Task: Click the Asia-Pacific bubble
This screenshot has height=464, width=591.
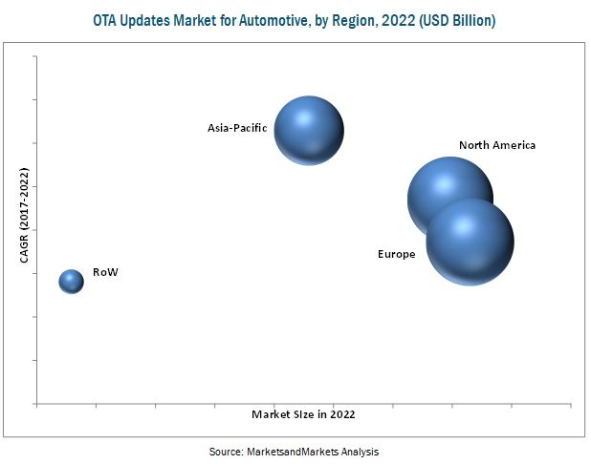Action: tap(309, 130)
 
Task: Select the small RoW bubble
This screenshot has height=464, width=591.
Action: tap(72, 281)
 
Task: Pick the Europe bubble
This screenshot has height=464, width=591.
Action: tap(470, 243)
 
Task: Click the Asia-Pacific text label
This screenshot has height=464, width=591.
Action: tap(237, 127)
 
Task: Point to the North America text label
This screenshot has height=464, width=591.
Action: tap(497, 145)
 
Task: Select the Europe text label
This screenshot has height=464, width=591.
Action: tap(396, 254)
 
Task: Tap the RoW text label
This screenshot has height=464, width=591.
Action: tap(105, 273)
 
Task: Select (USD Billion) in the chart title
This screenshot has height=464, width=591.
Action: tap(461, 20)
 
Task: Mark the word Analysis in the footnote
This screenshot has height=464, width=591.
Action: tap(361, 450)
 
